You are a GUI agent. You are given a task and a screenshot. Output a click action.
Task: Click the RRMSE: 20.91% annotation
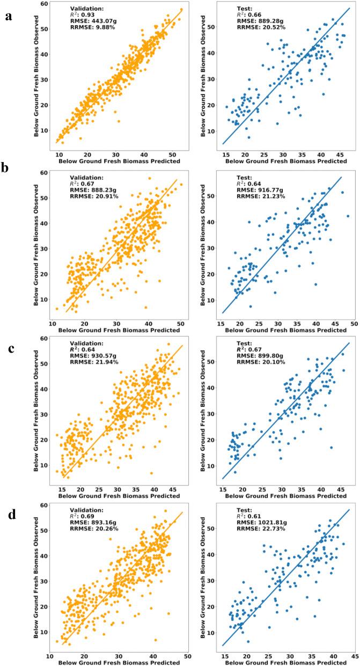95,190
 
